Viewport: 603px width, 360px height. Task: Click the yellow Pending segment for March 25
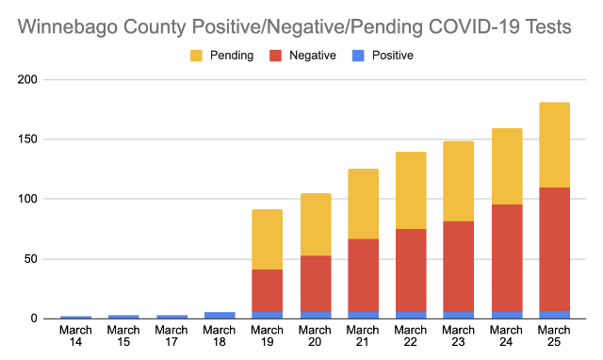click(554, 145)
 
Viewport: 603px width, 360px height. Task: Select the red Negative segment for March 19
click(267, 291)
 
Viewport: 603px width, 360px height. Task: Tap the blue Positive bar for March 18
click(220, 316)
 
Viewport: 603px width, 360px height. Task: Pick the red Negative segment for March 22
click(411, 270)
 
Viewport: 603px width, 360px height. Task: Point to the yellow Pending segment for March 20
click(316, 224)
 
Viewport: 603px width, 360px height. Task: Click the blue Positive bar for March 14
click(75, 318)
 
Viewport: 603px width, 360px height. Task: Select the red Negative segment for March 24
click(507, 258)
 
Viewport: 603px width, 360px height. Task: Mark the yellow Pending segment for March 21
click(363, 205)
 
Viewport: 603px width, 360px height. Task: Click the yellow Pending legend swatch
click(196, 56)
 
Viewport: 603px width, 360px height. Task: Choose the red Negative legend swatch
click(275, 56)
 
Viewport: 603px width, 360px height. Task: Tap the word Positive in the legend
click(392, 56)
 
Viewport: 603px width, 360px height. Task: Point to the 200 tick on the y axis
click(27, 79)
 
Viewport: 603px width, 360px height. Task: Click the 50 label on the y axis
click(31, 259)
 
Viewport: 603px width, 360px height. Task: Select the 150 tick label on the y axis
click(27, 139)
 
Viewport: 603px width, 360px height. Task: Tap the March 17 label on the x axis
click(171, 336)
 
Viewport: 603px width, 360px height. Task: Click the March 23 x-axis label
click(459, 336)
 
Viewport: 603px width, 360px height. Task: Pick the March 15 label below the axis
click(123, 336)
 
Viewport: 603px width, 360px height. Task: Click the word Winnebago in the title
click(68, 27)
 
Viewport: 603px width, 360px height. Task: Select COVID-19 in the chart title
click(474, 27)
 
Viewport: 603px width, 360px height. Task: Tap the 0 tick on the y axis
click(34, 319)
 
